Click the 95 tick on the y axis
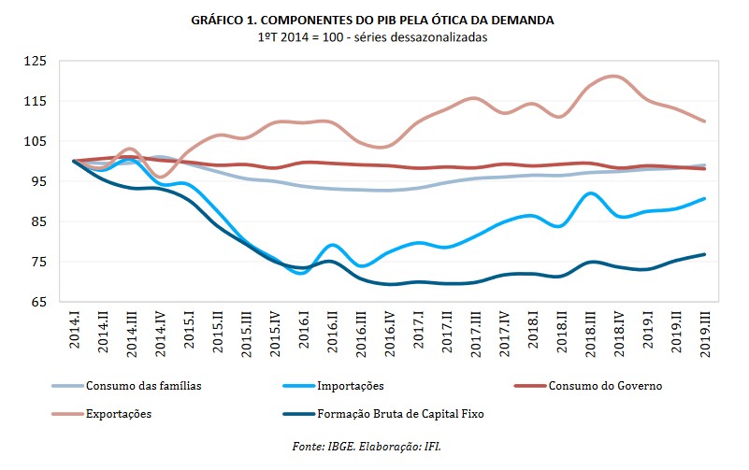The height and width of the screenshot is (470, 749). [37, 182]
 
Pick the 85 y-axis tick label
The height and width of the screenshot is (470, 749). [37, 222]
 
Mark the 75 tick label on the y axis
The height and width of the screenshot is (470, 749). [37, 263]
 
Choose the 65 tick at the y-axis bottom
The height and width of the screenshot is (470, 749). [37, 303]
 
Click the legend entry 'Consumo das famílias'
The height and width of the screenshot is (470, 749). [139, 385]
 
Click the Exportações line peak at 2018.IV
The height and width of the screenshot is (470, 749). [612, 77]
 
